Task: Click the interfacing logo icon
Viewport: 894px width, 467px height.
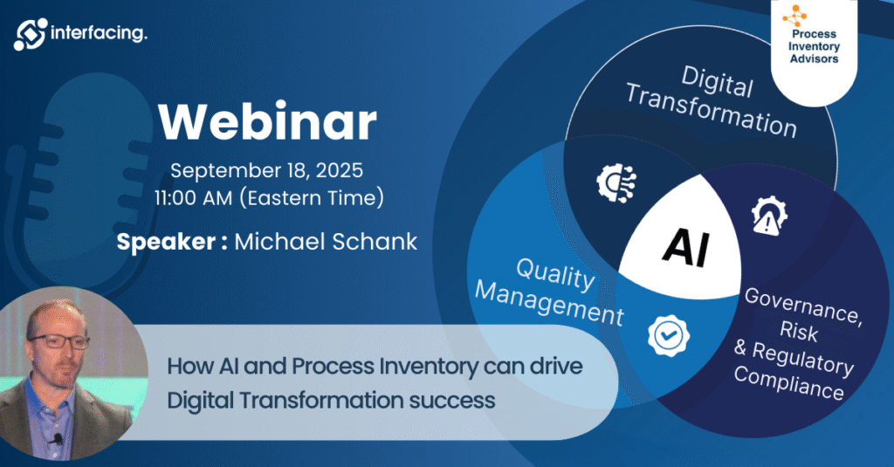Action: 31,34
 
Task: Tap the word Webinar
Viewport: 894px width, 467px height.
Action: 267,122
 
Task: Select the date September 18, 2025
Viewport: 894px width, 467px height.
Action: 267,170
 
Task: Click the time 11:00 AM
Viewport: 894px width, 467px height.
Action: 193,198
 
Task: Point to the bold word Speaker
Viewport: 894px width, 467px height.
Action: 166,242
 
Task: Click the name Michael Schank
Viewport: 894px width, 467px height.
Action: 326,242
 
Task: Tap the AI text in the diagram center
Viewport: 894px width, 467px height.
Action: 686,247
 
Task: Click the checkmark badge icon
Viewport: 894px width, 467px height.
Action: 668,335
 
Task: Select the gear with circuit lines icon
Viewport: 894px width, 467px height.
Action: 616,182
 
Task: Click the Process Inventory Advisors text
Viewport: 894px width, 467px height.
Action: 815,46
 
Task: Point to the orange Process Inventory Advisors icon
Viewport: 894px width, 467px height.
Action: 794,16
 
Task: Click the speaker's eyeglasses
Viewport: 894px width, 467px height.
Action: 59,341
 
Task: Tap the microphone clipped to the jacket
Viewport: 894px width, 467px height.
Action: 57,440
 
